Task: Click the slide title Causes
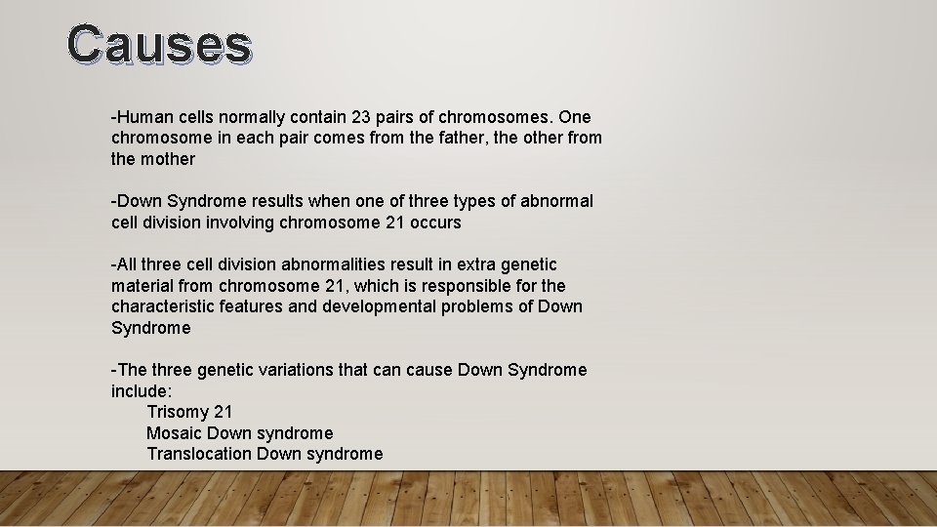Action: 160,45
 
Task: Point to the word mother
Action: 167,159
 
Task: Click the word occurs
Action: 435,223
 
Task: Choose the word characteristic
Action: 160,306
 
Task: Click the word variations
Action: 298,370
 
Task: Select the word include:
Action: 142,390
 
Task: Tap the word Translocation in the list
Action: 199,454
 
